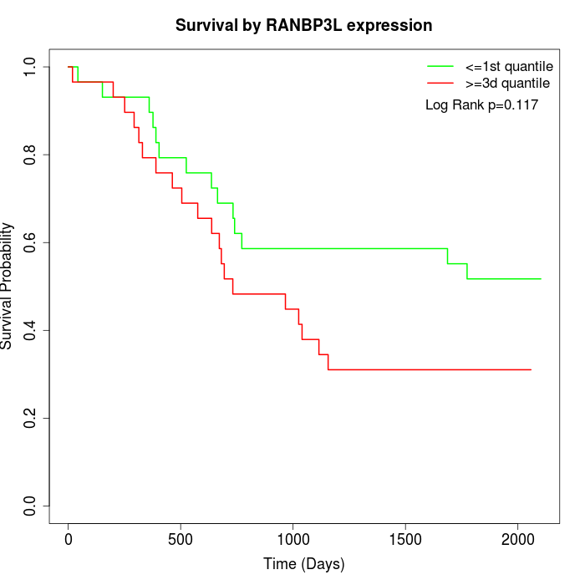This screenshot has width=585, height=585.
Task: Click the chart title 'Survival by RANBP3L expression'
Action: tap(303, 26)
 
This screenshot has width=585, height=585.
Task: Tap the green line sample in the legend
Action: tap(440, 66)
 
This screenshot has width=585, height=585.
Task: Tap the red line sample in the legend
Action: tap(440, 83)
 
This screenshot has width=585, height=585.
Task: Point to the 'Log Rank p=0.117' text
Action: tap(481, 105)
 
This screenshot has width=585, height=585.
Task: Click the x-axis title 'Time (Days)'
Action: tap(303, 564)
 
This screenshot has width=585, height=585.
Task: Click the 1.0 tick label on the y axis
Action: tap(31, 67)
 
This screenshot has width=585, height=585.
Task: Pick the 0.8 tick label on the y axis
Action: tap(31, 155)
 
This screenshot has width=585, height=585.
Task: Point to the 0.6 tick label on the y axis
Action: tap(31, 242)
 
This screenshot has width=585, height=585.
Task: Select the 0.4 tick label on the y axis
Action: tap(31, 330)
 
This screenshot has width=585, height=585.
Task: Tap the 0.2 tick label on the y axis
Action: tap(31, 418)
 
